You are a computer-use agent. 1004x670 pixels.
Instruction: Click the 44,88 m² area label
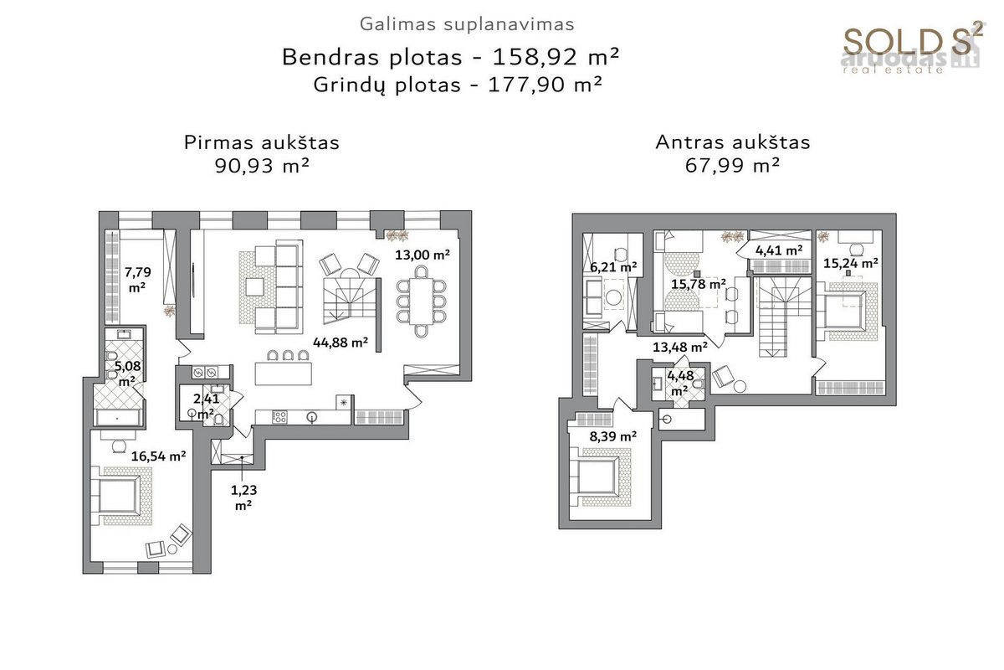click(x=341, y=343)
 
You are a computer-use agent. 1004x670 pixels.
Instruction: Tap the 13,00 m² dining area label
click(x=423, y=255)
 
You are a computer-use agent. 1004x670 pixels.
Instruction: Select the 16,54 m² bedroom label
click(x=158, y=456)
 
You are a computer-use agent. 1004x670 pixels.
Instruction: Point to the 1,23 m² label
click(x=243, y=497)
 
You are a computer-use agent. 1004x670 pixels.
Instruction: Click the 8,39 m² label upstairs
click(x=613, y=436)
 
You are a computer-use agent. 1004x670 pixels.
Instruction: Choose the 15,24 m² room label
click(x=850, y=263)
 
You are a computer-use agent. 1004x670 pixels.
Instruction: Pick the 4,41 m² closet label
click(x=779, y=250)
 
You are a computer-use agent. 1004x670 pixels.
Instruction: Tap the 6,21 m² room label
click(x=613, y=267)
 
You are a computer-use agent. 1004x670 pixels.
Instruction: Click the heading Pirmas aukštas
click(x=262, y=142)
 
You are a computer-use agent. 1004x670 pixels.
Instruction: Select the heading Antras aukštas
click(x=733, y=142)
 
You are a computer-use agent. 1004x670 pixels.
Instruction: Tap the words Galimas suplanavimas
click(x=467, y=24)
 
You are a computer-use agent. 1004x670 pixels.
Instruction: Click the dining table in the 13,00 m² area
click(x=422, y=301)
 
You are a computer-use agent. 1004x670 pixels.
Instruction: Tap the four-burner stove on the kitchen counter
click(x=279, y=417)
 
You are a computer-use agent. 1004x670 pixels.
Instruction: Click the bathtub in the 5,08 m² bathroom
click(x=118, y=417)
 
